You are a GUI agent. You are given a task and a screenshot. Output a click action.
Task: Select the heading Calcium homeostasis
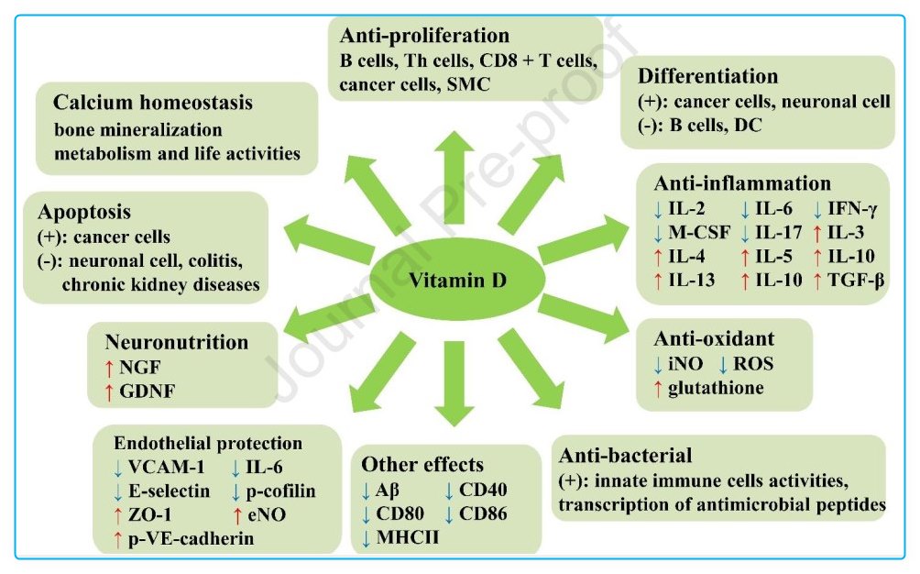[x=152, y=102]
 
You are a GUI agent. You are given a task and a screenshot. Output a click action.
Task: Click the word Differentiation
[x=708, y=76]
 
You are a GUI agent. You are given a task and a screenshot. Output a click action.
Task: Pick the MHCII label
[x=407, y=535]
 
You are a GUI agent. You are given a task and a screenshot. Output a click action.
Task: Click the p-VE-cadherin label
[x=190, y=539]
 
